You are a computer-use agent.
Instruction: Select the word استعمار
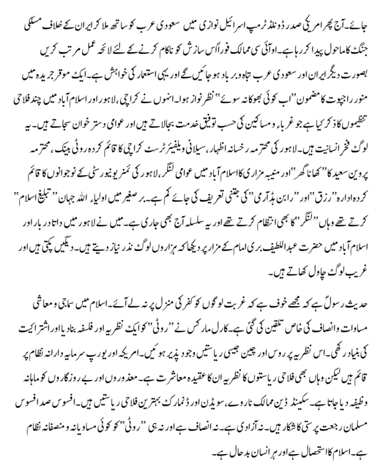(x=135, y=68)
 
